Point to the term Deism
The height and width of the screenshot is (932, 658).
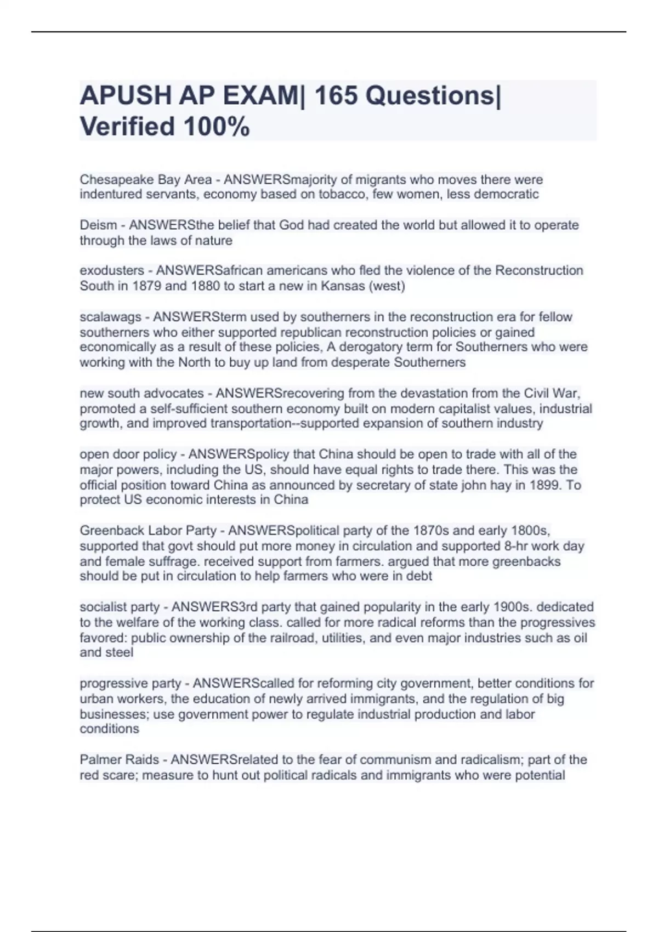point(98,225)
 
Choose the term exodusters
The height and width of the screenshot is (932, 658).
point(112,271)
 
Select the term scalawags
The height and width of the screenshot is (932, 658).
point(110,317)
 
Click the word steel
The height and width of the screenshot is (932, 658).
point(120,652)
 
